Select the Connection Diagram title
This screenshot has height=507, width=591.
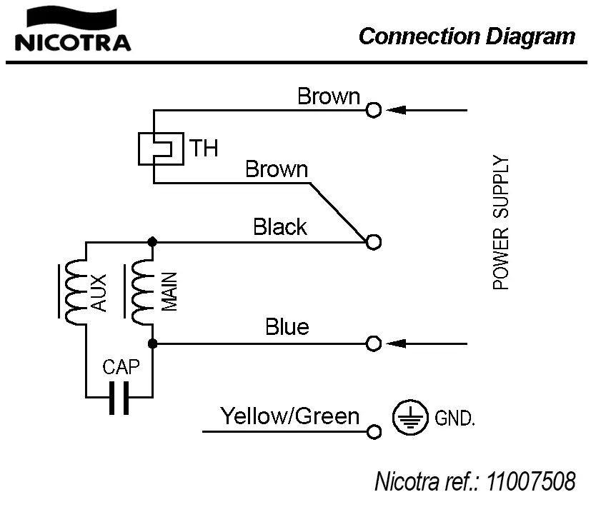(467, 36)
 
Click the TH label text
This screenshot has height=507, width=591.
(204, 149)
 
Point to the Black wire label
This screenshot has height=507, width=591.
(280, 227)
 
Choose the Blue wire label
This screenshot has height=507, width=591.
(287, 327)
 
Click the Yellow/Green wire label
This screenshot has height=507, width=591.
(289, 416)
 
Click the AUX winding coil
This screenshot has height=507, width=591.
(73, 291)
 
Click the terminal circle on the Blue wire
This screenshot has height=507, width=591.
(373, 344)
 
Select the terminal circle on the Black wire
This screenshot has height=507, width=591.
(373, 242)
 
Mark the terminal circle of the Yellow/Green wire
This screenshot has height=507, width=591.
(373, 432)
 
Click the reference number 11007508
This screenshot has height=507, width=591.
(531, 481)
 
